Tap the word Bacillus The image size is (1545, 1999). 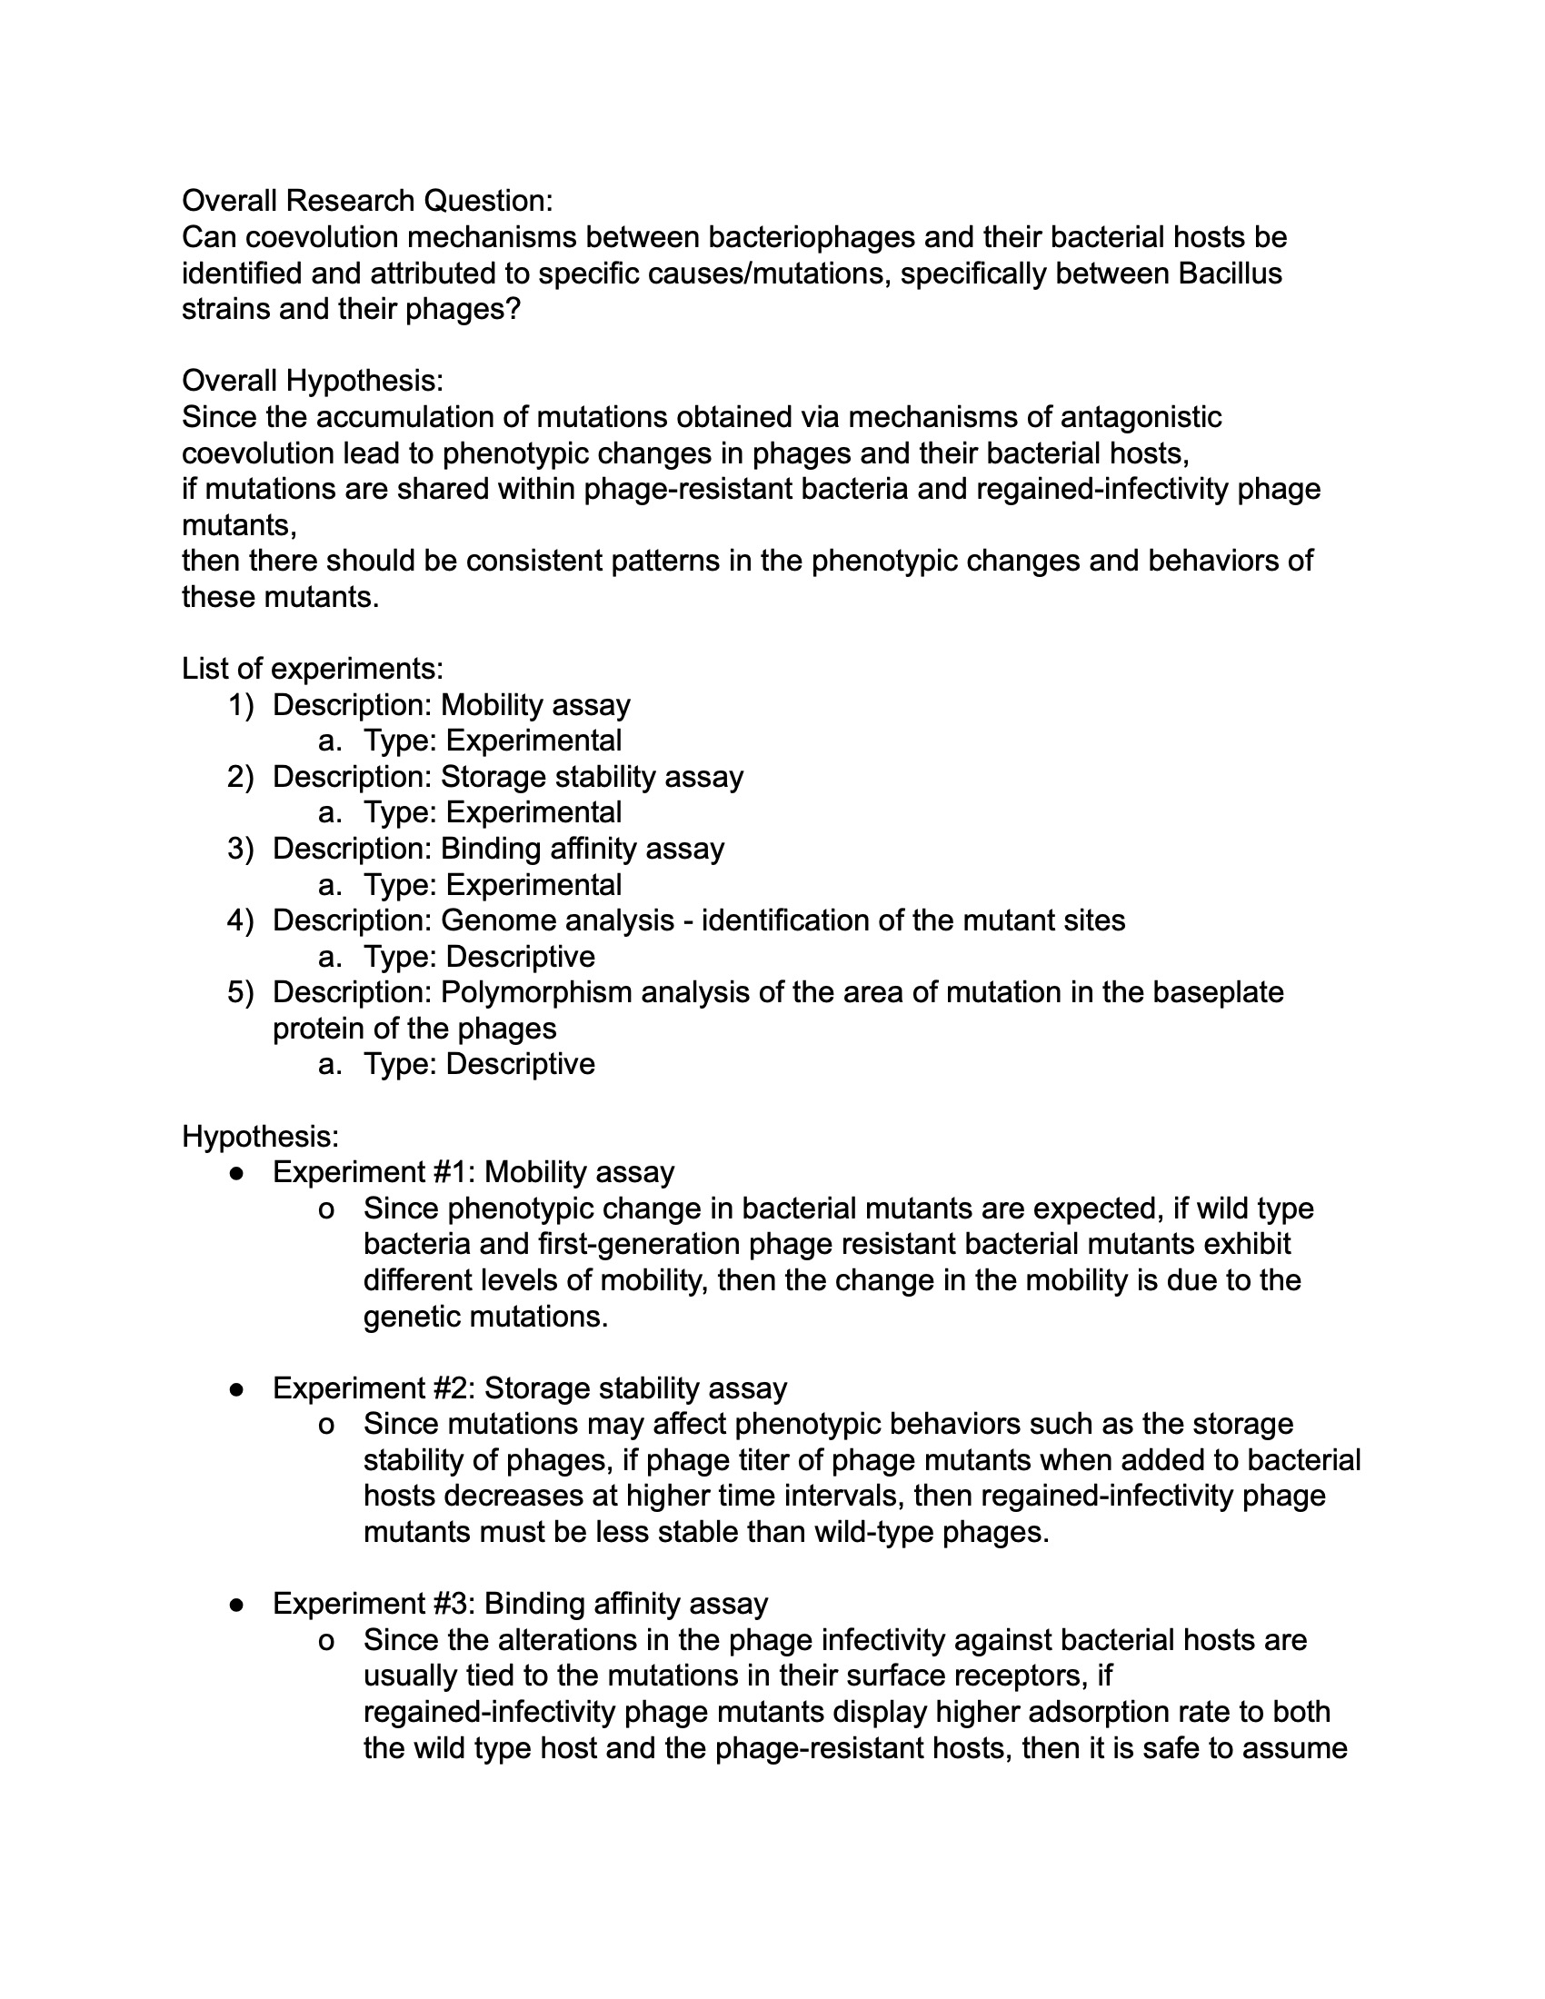click(1230, 273)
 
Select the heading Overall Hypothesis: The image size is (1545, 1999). click(312, 380)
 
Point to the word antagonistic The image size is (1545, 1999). click(1141, 416)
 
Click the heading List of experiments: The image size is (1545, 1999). click(312, 668)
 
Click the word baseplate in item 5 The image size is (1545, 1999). click(1217, 992)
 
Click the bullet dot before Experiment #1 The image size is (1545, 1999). click(237, 1172)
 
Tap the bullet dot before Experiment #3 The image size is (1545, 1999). click(237, 1604)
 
